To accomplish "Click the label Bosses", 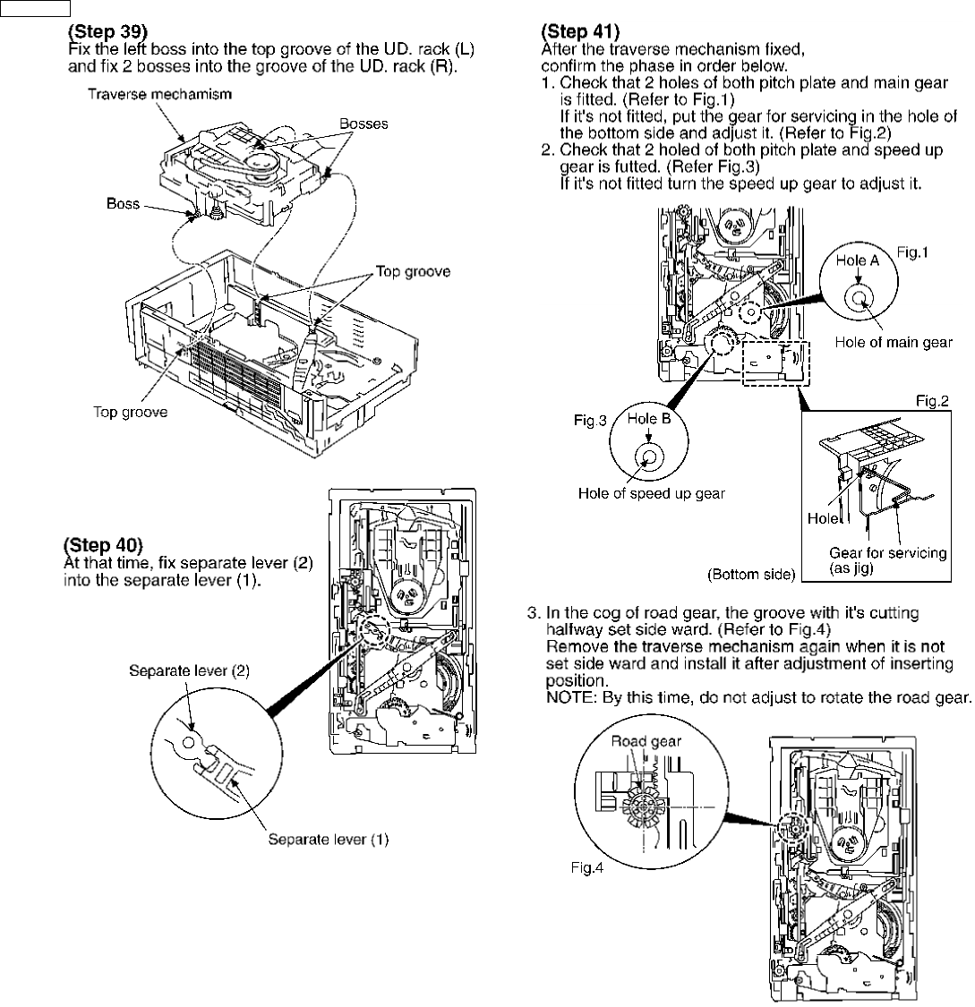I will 363,124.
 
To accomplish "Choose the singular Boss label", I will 124,203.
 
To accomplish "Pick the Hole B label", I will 649,419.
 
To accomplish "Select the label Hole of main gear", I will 894,341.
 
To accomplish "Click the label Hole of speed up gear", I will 651,492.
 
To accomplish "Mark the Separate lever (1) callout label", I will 329,840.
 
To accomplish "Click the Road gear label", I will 646,741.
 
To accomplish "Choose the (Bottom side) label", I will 750,574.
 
